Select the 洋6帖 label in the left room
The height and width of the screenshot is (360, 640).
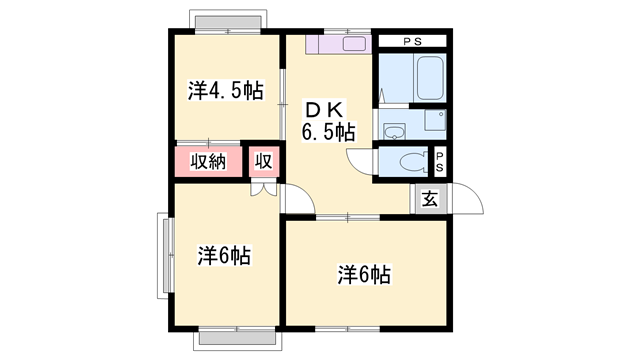(223, 256)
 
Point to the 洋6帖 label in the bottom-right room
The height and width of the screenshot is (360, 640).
(363, 273)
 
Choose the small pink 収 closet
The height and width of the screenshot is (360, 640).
(264, 162)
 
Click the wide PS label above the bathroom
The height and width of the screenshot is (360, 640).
(412, 42)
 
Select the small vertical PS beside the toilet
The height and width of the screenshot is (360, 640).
(440, 161)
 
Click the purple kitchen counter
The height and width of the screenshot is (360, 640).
(339, 44)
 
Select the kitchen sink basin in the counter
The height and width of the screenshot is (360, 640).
(355, 45)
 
